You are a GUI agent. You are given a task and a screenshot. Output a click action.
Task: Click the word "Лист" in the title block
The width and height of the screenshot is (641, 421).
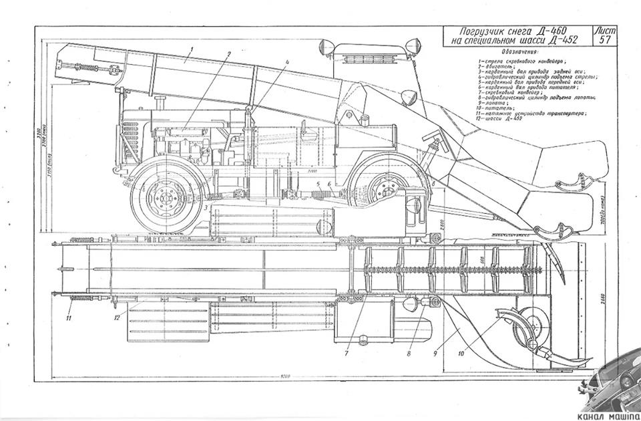(x=605, y=31)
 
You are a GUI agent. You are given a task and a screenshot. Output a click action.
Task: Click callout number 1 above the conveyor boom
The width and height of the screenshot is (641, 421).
(x=191, y=49)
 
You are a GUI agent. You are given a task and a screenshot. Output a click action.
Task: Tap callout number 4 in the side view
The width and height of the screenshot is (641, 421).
(x=288, y=62)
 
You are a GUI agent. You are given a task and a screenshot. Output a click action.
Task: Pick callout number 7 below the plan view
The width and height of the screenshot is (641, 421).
(x=347, y=352)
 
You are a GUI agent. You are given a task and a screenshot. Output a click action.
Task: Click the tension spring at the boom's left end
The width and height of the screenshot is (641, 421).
(x=85, y=67)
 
